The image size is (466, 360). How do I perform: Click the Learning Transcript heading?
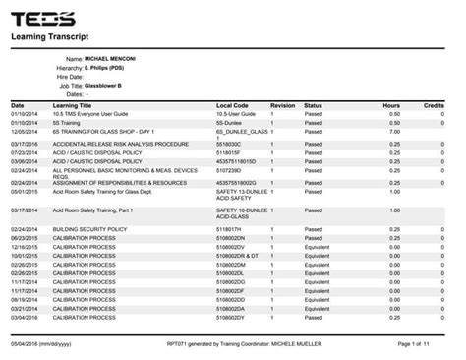pos(50,37)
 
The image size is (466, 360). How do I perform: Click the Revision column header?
pos(282,104)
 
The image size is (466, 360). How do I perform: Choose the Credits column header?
pos(434,104)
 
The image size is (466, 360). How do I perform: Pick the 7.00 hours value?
pos(392,131)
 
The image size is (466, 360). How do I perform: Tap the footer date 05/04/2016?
pos(23,343)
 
